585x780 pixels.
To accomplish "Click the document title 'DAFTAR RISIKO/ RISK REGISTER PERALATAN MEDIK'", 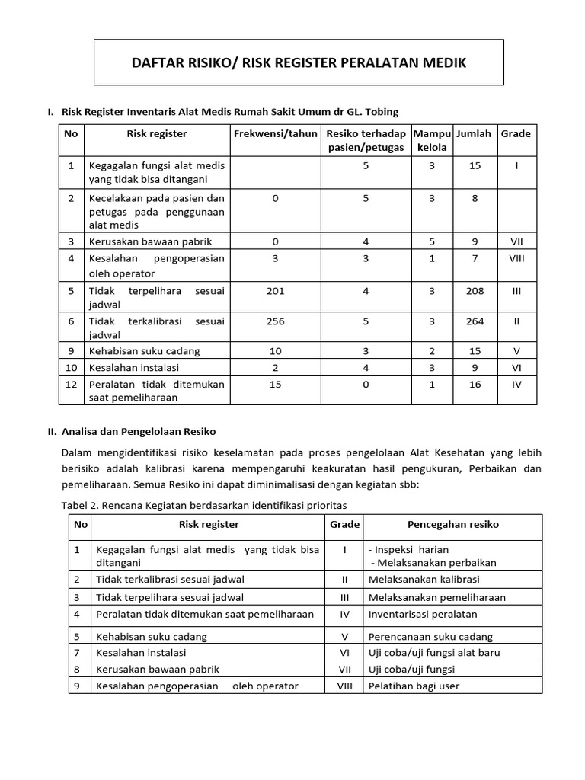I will pyautogui.click(x=299, y=62).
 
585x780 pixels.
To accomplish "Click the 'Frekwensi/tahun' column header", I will pyautogui.click(x=275, y=134).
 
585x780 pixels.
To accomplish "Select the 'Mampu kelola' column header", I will pyautogui.click(x=432, y=140).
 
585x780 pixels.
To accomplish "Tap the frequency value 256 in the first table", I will pyautogui.click(x=275, y=321).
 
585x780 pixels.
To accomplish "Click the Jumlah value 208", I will pyautogui.click(x=475, y=290).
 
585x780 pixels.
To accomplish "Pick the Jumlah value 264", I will pyautogui.click(x=475, y=321).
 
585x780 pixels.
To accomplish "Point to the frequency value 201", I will pyautogui.click(x=275, y=290).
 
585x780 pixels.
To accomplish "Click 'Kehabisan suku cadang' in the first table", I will pyautogui.click(x=144, y=351).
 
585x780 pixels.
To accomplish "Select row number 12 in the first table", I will pyautogui.click(x=71, y=385).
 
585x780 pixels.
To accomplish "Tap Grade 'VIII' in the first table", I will pyautogui.click(x=516, y=258).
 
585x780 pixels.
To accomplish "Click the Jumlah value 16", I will pyautogui.click(x=475, y=385).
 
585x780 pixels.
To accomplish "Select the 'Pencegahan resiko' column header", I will pyautogui.click(x=453, y=525).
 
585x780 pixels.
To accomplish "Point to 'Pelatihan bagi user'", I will pyautogui.click(x=414, y=686).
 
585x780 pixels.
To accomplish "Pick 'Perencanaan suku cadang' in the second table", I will pyautogui.click(x=430, y=637).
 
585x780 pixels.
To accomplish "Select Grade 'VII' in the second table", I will pyautogui.click(x=344, y=669).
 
